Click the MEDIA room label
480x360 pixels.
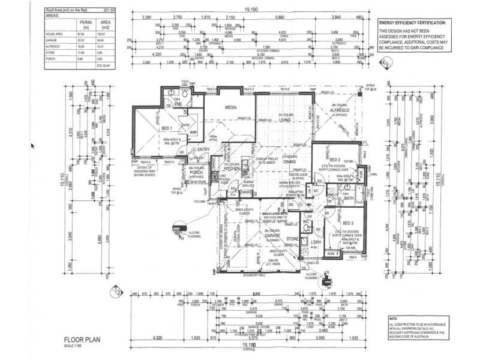(x=230, y=107)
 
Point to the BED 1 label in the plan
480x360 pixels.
(x=167, y=128)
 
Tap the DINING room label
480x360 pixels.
(x=289, y=162)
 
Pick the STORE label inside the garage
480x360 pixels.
(x=292, y=239)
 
